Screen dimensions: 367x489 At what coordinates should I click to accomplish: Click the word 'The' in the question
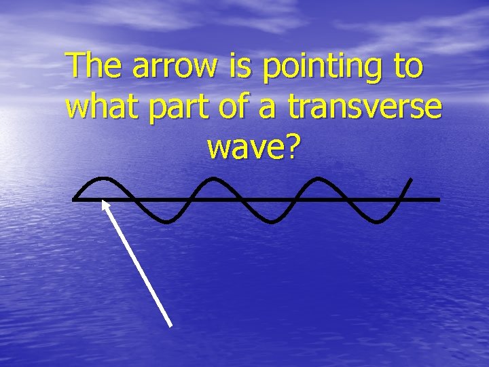[x=96, y=67]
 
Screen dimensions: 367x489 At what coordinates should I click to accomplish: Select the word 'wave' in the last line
[x=242, y=147]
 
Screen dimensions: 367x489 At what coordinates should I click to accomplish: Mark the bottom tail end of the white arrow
[x=170, y=326]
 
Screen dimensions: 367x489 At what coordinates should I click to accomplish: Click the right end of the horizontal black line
[x=439, y=199]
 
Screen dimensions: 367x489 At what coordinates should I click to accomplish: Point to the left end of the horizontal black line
[x=74, y=199]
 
